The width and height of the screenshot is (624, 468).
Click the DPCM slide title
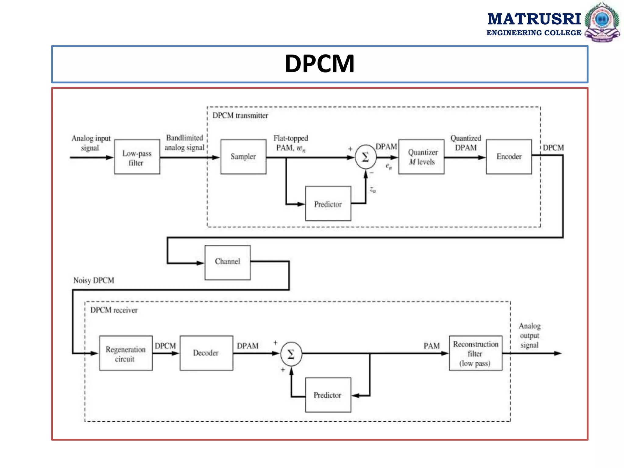[x=319, y=64]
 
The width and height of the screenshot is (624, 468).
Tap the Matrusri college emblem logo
[x=602, y=22]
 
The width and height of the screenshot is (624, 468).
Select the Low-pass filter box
[x=137, y=157]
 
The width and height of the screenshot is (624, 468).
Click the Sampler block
[x=243, y=157]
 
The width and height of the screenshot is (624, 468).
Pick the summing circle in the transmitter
[x=365, y=157]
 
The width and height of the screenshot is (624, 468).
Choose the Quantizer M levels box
[x=421, y=157]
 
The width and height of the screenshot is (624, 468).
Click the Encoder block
[x=509, y=157]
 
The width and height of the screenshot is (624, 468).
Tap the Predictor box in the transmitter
[x=328, y=204]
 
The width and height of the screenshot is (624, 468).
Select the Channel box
[x=227, y=262]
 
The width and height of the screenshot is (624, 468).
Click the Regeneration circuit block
[x=126, y=353]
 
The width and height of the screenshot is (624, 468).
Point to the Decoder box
[x=206, y=353]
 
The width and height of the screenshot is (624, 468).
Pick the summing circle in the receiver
[x=291, y=354]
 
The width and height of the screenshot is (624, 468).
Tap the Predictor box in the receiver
[x=328, y=395]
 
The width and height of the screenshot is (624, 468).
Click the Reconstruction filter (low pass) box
[x=475, y=353]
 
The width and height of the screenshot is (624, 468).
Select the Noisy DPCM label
[x=94, y=280]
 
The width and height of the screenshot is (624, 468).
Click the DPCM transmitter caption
[x=240, y=115]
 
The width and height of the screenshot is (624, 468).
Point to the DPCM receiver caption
[x=114, y=310]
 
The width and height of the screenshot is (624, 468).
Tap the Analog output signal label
[x=530, y=335]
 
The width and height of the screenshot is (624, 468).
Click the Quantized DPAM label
[x=466, y=143]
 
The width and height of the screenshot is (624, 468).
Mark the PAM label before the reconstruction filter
[x=431, y=346]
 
